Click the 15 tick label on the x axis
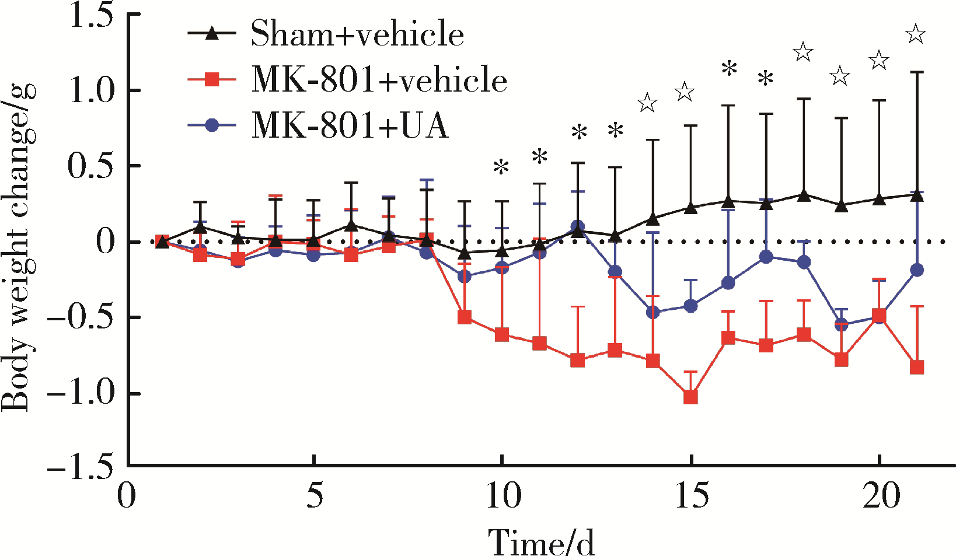pyautogui.click(x=691, y=497)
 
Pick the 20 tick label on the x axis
pyautogui.click(x=880, y=497)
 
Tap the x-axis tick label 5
pyautogui.click(x=315, y=497)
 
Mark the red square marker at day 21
pyautogui.click(x=917, y=368)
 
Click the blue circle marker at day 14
pyautogui.click(x=653, y=313)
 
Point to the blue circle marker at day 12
pyautogui.click(x=578, y=226)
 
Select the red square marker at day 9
pyautogui.click(x=465, y=318)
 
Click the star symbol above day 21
pyautogui.click(x=916, y=34)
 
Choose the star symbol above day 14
pyautogui.click(x=647, y=103)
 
